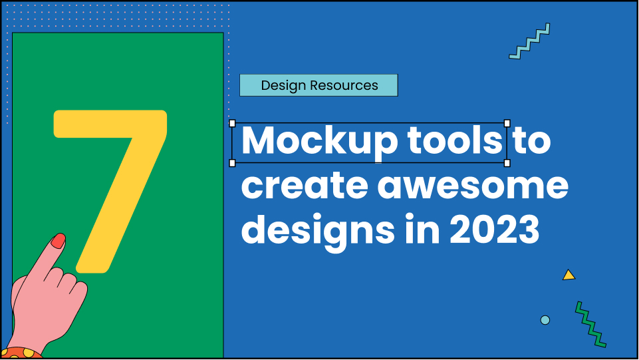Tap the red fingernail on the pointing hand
[59, 241]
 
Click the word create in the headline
[303, 186]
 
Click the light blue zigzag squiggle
[530, 41]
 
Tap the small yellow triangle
[568, 275]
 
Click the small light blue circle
[545, 320]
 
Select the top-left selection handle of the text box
[232, 123]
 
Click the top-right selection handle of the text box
[507, 123]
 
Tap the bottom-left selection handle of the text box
[232, 162]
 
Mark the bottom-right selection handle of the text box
[507, 162]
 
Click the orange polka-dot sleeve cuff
[20, 353]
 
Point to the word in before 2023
[422, 230]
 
